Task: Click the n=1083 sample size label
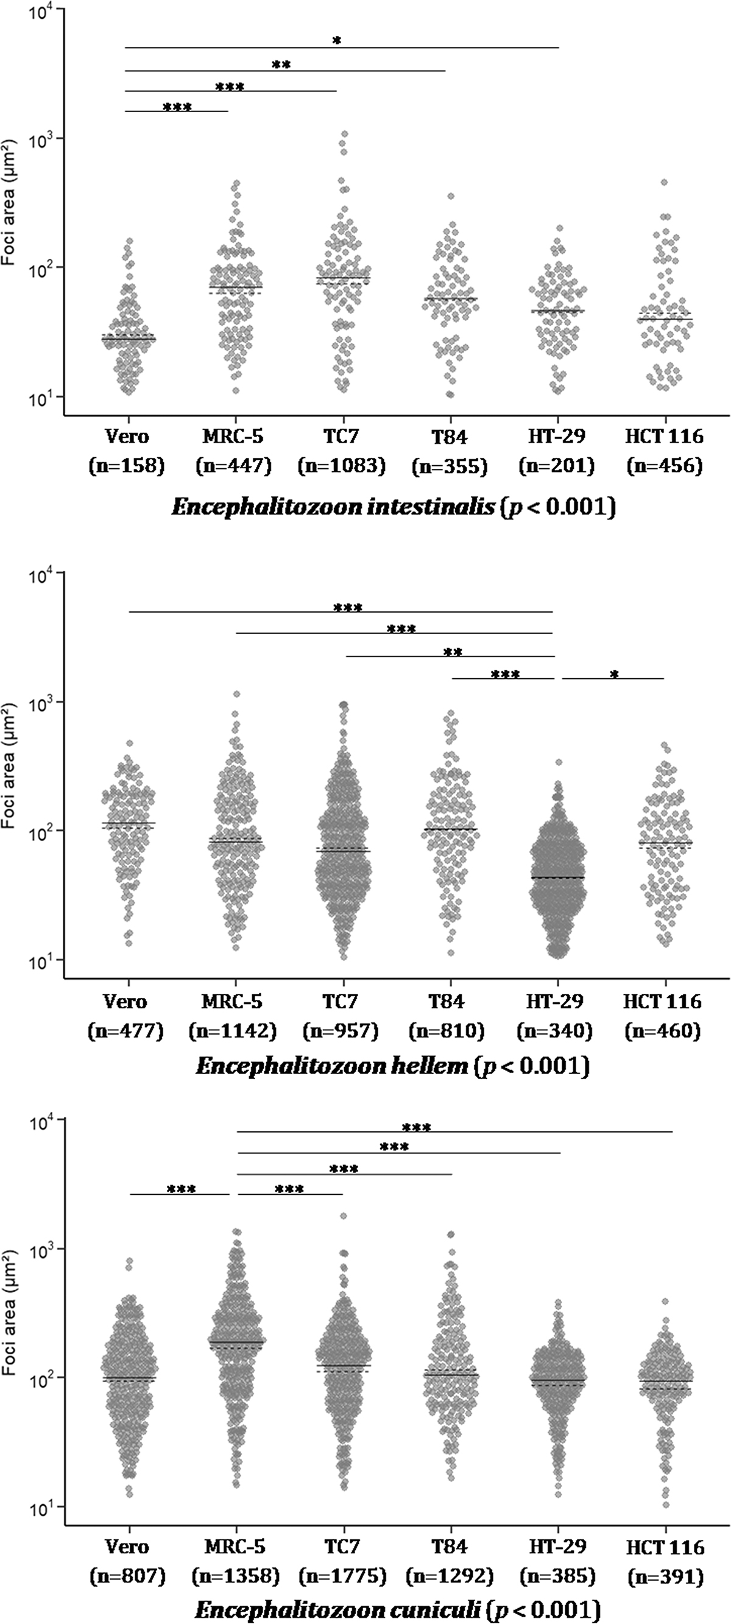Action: click(341, 466)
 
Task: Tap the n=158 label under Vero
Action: click(126, 466)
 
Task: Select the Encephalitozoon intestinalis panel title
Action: click(393, 507)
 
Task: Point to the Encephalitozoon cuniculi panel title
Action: click(396, 1609)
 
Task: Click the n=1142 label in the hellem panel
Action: click(233, 1031)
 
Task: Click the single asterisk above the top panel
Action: click(337, 41)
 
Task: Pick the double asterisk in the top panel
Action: click(281, 65)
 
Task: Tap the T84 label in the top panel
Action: click(450, 436)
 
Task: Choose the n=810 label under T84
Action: click(448, 1031)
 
